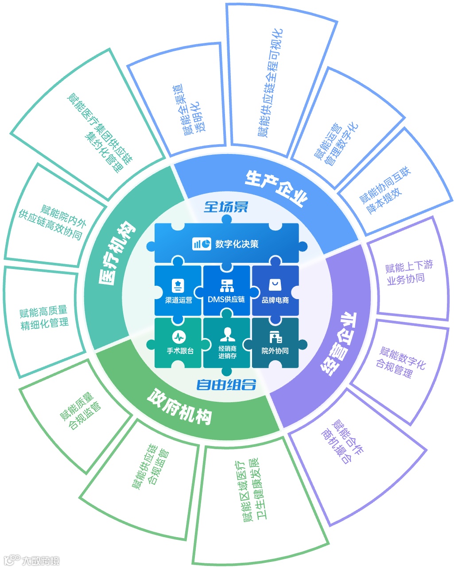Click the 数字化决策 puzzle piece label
pyautogui.click(x=237, y=244)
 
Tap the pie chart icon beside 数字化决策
pyautogui.click(x=202, y=244)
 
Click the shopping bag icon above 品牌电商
pyautogui.click(x=275, y=284)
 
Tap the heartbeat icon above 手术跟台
pyautogui.click(x=179, y=336)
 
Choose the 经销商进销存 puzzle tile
pyautogui.click(x=227, y=343)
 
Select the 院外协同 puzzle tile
pyautogui.click(x=275, y=343)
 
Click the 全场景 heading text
pyautogui.click(x=226, y=207)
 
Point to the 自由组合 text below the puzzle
pyautogui.click(x=226, y=384)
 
